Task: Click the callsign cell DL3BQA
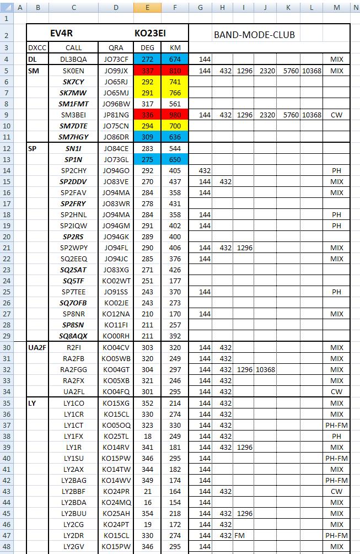73,59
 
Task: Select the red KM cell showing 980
175,115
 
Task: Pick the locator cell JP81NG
116,115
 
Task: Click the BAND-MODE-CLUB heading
254,35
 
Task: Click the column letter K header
288,7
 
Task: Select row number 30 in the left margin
6,347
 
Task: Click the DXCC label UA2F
37,347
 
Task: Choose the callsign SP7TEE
73,292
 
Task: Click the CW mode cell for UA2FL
336,391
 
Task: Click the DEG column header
148,47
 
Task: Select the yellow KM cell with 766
175,93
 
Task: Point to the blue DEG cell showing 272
148,59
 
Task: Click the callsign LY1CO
73,403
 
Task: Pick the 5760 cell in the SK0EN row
288,71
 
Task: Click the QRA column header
116,47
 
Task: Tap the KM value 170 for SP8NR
175,314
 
